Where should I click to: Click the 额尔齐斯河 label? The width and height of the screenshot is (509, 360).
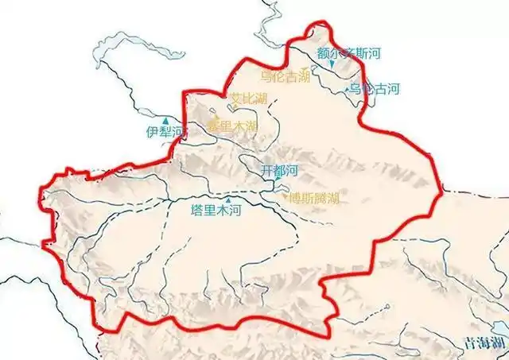click(x=349, y=54)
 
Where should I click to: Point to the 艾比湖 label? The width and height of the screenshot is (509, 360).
click(x=248, y=99)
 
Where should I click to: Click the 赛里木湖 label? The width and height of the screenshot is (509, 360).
click(x=232, y=126)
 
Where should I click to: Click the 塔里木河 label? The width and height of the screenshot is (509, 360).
click(x=214, y=211)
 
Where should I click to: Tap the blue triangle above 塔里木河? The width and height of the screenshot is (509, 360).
click(x=229, y=199)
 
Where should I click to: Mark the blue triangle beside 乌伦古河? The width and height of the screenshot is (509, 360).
click(x=348, y=91)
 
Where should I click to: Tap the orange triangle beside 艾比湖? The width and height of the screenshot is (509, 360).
click(x=226, y=102)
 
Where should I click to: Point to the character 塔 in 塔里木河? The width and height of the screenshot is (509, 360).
click(x=197, y=211)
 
